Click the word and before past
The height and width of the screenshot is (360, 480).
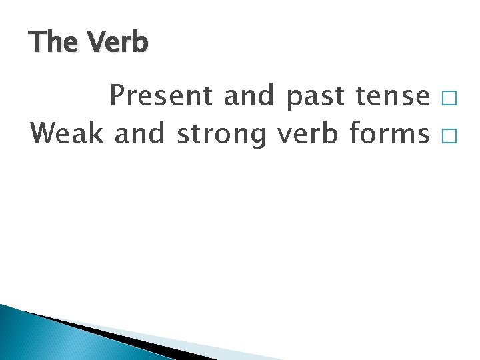click(249, 97)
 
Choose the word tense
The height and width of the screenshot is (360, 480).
click(389, 97)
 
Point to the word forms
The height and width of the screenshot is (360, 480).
click(389, 134)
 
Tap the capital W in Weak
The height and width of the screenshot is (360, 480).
click(45, 134)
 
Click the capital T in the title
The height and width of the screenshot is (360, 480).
click(37, 43)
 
